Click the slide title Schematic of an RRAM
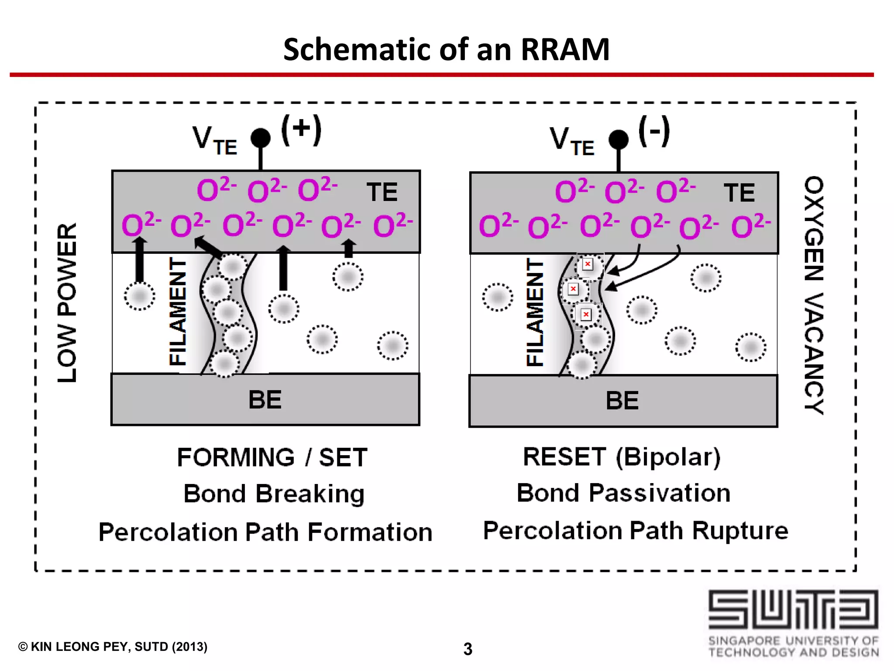(x=446, y=49)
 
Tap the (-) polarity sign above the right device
(x=654, y=131)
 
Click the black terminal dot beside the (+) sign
(x=261, y=138)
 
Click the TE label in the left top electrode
(x=382, y=192)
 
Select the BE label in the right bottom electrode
(x=622, y=401)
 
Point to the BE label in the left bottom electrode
(x=265, y=400)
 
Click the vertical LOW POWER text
(x=68, y=303)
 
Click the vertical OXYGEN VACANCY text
(x=814, y=295)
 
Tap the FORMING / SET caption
(x=272, y=458)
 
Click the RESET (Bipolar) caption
(x=622, y=457)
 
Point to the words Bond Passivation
(x=623, y=493)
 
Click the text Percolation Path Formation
(x=265, y=532)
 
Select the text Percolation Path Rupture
(x=636, y=531)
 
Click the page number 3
(x=468, y=649)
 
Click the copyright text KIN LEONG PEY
(x=113, y=647)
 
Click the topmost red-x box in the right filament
(x=588, y=264)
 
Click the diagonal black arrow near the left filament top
(x=208, y=246)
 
